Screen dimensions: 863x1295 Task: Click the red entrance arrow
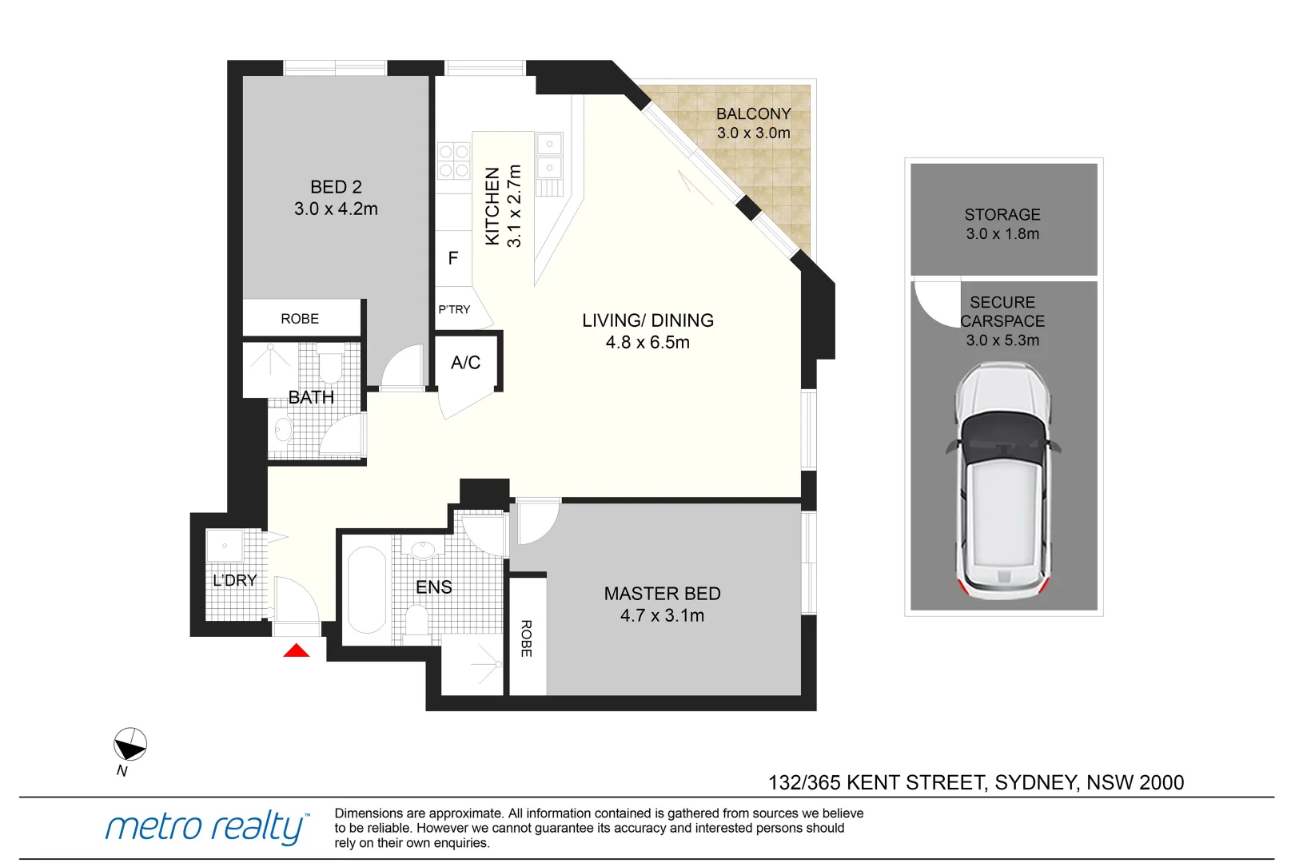(297, 651)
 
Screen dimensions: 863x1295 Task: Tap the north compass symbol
(129, 745)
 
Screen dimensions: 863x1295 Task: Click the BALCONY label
(753, 114)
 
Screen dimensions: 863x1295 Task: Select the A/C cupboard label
(465, 363)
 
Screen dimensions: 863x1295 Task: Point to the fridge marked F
(453, 258)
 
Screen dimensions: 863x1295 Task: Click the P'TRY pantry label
(454, 309)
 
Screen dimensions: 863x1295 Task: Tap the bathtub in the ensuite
(367, 590)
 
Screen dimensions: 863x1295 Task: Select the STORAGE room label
(1002, 215)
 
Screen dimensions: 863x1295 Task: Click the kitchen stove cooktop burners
(453, 161)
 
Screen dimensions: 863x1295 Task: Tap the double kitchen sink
(549, 156)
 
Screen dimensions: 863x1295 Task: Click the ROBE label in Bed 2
(300, 319)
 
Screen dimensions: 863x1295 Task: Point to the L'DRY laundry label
(234, 580)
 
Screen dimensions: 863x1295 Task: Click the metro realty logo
(206, 827)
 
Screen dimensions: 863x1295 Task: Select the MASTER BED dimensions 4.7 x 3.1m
(662, 615)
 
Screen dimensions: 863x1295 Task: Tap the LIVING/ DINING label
(647, 320)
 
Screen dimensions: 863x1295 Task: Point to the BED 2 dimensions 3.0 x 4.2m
(336, 209)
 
